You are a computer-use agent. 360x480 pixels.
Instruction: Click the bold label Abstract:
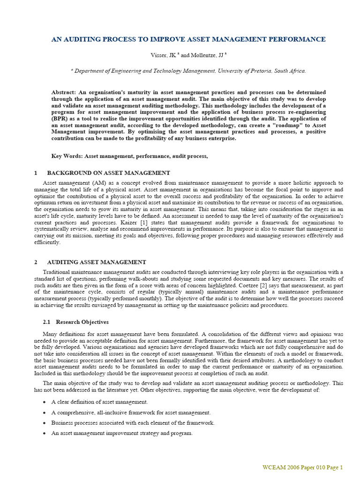tap(64, 92)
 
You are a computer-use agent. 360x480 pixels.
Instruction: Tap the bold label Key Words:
tap(67, 156)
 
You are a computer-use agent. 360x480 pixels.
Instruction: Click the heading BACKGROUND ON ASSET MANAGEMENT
tap(108, 173)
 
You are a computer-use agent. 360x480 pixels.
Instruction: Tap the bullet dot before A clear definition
tap(44, 402)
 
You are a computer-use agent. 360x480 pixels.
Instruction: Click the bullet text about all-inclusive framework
tap(131, 412)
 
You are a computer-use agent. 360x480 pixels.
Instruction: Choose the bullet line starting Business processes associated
tap(133, 423)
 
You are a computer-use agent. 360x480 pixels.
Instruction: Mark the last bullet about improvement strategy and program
tap(122, 433)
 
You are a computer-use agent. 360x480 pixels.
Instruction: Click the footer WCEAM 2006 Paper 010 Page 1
tap(302, 467)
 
